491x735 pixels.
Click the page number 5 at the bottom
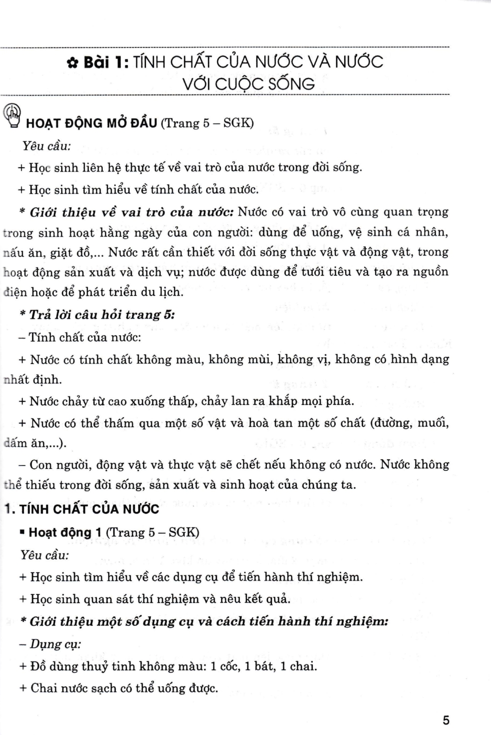click(445, 720)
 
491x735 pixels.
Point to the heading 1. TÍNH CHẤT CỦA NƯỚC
click(81, 509)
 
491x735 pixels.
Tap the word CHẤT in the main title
click(188, 62)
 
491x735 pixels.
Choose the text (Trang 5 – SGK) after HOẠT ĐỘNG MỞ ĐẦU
click(207, 122)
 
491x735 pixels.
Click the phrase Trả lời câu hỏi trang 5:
click(102, 315)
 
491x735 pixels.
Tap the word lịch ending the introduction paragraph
click(171, 293)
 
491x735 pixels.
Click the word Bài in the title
click(96, 63)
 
